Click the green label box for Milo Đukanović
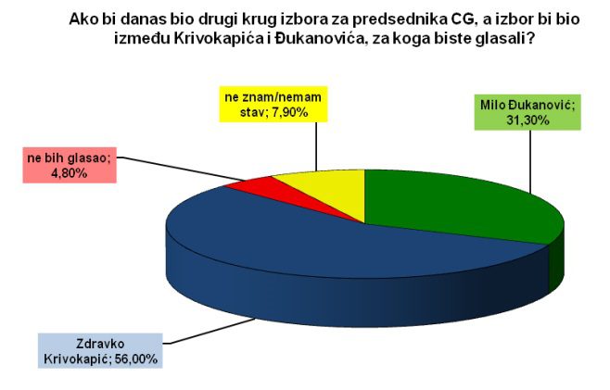coord(527,112)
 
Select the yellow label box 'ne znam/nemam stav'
coord(273,104)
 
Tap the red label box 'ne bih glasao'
coord(70,165)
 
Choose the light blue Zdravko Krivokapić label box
coord(100,351)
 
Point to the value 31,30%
coord(527,120)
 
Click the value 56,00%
coord(136,359)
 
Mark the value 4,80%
coord(70,173)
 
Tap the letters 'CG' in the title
coord(462,19)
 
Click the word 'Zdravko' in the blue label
coord(100,344)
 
